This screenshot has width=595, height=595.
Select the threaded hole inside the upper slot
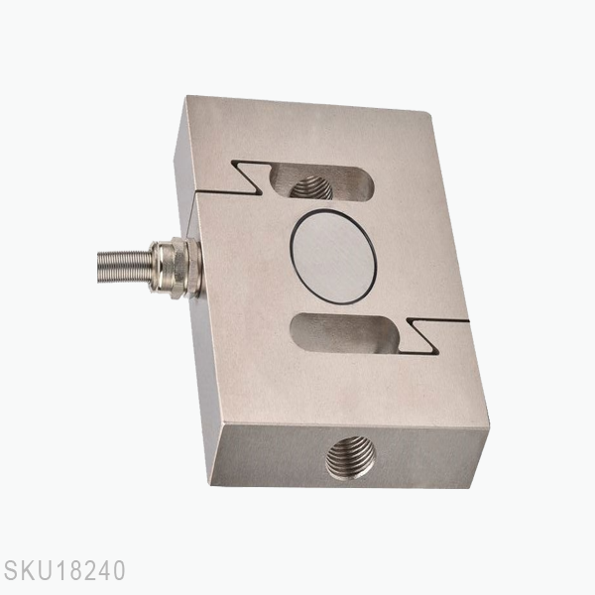tap(310, 186)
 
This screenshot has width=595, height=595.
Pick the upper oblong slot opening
tap(317, 183)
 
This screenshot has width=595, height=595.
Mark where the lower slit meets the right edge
tap(467, 322)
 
